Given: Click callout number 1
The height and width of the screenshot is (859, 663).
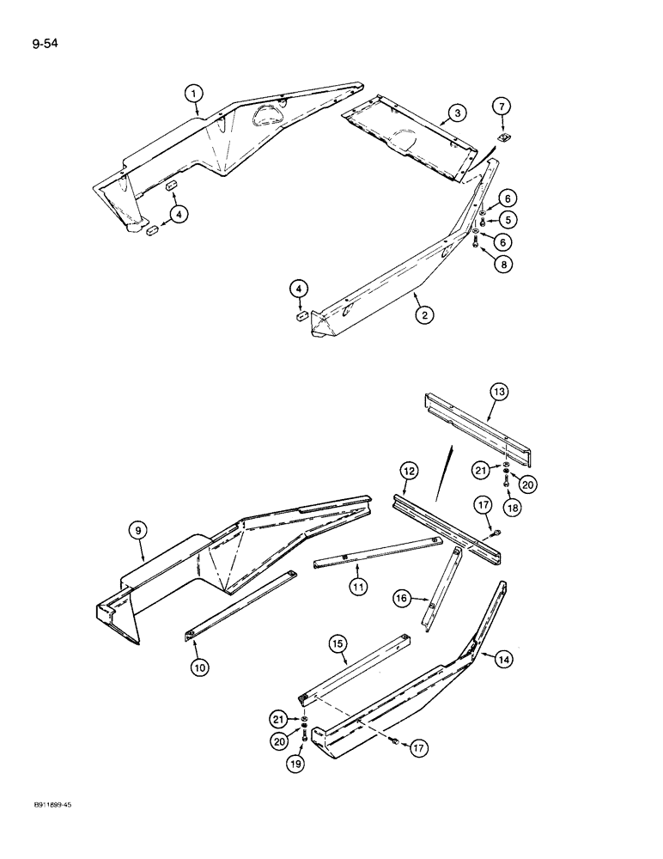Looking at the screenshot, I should [195, 93].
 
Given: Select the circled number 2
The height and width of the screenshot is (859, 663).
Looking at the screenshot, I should [423, 314].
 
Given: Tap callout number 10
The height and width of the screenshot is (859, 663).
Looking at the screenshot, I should [200, 666].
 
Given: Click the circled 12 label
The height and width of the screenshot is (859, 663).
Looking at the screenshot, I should [410, 471].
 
